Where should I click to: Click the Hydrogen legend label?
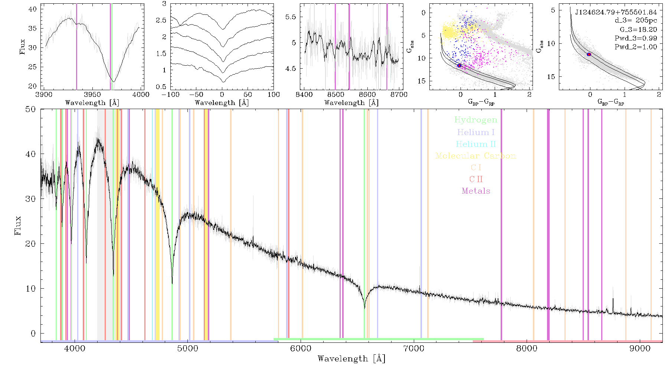tap(476, 120)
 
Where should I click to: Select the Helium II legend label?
tap(476, 144)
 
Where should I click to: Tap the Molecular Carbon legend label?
tap(476, 156)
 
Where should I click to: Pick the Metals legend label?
tap(476, 191)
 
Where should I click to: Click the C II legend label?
tap(476, 179)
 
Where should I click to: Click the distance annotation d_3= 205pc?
tap(636, 21)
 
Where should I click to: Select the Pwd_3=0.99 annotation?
tap(636, 38)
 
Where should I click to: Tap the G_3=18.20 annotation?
tap(638, 30)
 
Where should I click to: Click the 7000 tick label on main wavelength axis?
tap(413, 349)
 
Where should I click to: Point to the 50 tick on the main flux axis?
tap(31, 109)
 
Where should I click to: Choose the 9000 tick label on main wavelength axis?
tap(639, 349)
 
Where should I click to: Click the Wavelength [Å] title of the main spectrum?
tap(351, 359)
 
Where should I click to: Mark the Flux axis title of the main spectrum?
tap(17, 225)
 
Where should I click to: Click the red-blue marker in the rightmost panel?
tap(589, 55)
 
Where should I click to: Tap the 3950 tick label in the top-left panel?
tap(92, 95)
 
